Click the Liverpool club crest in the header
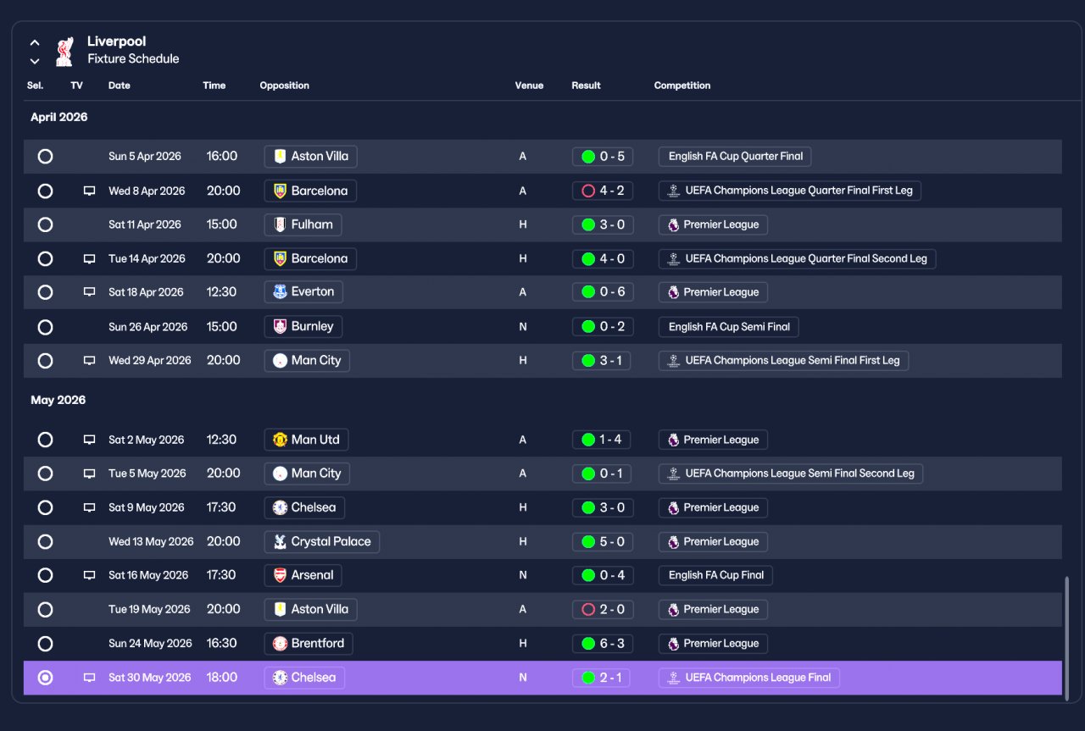(x=64, y=52)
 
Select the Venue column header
(x=529, y=86)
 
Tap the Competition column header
(x=682, y=86)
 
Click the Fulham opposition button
(x=303, y=224)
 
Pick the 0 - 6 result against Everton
(x=603, y=292)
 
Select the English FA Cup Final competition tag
(x=715, y=575)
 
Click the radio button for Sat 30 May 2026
(x=45, y=678)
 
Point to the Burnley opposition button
(x=303, y=326)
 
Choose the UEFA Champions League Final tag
(x=748, y=678)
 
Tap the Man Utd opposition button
(x=306, y=440)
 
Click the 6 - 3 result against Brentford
(x=603, y=644)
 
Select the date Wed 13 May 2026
(x=151, y=541)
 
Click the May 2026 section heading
(x=58, y=400)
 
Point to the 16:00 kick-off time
(x=222, y=156)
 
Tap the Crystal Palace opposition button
(x=321, y=541)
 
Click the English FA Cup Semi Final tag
(x=728, y=327)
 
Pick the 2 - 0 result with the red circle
(x=603, y=609)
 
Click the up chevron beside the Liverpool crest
(x=35, y=42)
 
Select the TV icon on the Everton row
(x=89, y=292)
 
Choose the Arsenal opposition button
(x=303, y=575)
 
